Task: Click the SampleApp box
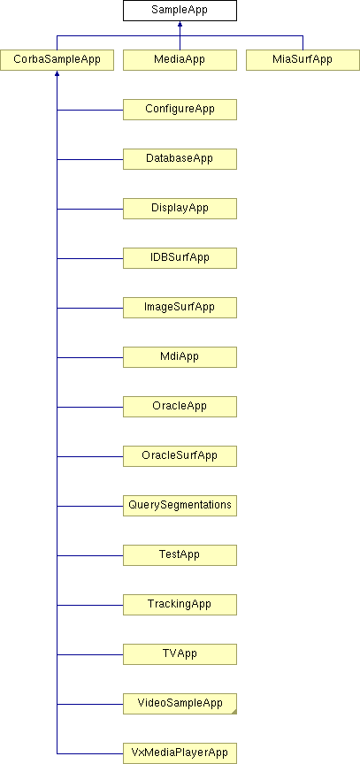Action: tap(180, 11)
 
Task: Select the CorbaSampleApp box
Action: tap(57, 60)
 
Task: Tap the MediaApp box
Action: tap(180, 60)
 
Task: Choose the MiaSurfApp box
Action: tap(303, 60)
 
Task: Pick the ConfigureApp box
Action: tap(180, 110)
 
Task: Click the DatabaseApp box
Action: tap(180, 159)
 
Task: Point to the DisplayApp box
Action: tap(180, 209)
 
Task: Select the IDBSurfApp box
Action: tap(180, 258)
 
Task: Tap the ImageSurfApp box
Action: tap(180, 308)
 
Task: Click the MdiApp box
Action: tap(180, 357)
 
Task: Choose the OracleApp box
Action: tap(180, 407)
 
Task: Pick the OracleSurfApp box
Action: tap(180, 456)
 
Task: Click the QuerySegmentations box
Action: tap(180, 506)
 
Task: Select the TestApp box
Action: tap(180, 555)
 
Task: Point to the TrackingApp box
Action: tap(180, 605)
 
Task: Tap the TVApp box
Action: tap(180, 654)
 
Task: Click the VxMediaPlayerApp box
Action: tap(180, 753)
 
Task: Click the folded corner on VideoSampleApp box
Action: tap(234, 713)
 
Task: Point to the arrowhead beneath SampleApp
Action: tap(180, 24)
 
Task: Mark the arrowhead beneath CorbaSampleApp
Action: tap(57, 73)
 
